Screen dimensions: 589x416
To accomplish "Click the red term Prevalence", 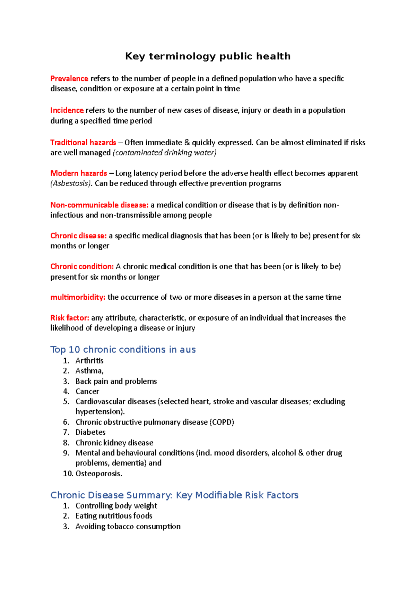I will (69, 79).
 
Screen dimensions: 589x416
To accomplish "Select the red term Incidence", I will (67, 110).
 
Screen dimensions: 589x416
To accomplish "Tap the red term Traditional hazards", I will (83, 143).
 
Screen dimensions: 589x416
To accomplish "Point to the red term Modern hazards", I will (79, 173).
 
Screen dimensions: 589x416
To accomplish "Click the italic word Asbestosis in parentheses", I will (71, 183).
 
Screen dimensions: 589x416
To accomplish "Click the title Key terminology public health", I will (208, 56).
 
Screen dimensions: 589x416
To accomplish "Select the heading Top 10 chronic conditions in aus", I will (123, 349).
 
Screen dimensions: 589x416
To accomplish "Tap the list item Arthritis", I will (89, 361).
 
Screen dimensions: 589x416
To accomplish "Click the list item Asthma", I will (89, 371).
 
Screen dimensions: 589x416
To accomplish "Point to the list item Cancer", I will (87, 391).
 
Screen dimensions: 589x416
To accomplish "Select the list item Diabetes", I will (90, 432).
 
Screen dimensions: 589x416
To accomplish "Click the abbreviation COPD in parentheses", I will (222, 422).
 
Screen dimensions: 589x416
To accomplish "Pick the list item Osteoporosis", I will (98, 473).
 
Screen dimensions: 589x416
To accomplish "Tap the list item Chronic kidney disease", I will (114, 443).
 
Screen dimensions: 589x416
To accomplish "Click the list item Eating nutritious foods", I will (114, 516).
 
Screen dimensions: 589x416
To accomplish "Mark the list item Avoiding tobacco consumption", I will (128, 527).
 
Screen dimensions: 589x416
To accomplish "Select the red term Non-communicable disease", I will (99, 205).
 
